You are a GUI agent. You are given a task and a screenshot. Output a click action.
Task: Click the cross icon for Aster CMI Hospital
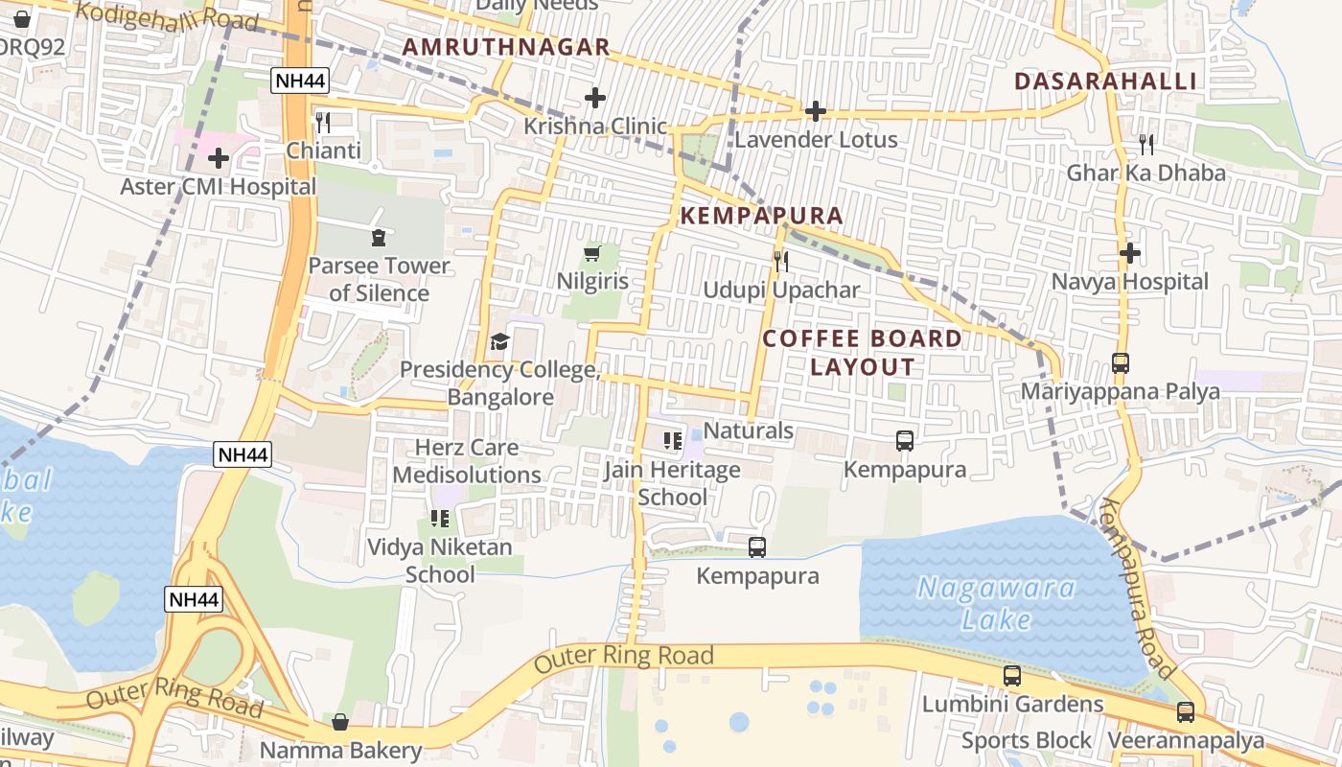(x=219, y=158)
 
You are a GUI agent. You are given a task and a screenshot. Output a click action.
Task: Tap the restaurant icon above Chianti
(x=323, y=122)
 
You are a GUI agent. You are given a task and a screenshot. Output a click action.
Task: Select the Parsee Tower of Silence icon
(x=379, y=237)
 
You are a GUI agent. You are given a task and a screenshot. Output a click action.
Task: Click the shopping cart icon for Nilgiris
(x=592, y=253)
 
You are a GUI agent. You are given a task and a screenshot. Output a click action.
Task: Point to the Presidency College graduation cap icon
(x=498, y=341)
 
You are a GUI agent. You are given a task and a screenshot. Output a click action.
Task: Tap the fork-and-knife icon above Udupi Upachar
(x=781, y=261)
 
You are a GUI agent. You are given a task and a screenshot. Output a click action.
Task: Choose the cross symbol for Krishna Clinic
(x=595, y=98)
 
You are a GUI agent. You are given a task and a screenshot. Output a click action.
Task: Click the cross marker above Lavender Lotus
(x=816, y=111)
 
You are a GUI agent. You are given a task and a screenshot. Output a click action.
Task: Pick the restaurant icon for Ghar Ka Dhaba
(x=1146, y=145)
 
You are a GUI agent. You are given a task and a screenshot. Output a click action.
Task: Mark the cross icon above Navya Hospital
(x=1130, y=254)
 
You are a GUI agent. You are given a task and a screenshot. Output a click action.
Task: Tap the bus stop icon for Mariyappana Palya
(x=1121, y=363)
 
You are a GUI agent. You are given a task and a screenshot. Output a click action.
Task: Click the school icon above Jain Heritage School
(x=672, y=441)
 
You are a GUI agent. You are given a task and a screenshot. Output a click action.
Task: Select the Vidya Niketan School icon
(x=440, y=519)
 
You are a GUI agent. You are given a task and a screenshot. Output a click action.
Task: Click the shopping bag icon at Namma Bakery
(x=340, y=722)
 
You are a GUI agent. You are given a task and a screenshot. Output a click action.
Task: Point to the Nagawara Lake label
(x=997, y=603)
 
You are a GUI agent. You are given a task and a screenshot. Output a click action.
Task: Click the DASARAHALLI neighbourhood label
(x=1105, y=81)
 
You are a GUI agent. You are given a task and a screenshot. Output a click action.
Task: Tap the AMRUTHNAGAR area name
(x=506, y=47)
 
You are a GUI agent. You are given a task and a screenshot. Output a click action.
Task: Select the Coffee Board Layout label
(x=863, y=352)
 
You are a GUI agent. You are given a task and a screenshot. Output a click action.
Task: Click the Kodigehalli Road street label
(x=167, y=15)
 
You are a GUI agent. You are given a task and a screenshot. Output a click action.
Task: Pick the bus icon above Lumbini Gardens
(x=1012, y=676)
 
